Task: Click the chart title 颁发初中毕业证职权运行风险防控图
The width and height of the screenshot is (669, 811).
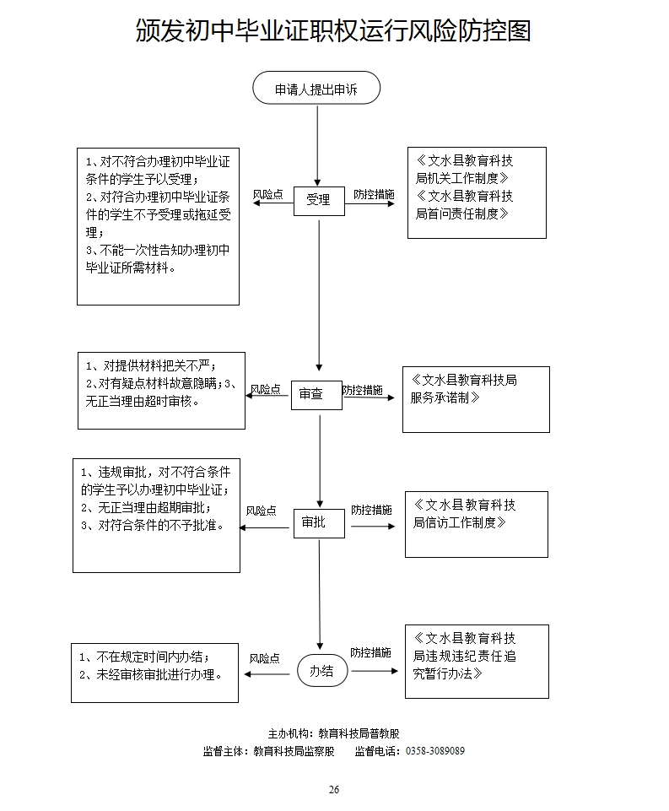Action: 333,31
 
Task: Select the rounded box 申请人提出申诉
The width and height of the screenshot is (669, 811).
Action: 316,88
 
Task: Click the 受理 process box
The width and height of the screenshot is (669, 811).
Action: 319,201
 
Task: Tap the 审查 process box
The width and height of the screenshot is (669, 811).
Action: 316,394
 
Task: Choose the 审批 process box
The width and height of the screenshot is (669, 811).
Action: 319,523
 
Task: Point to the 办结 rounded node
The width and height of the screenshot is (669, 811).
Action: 321,671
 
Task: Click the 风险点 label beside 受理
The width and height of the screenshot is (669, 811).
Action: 267,194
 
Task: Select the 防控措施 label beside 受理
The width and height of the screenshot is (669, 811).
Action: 374,194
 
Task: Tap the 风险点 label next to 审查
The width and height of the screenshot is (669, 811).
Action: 265,389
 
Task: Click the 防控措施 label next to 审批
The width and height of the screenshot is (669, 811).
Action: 371,511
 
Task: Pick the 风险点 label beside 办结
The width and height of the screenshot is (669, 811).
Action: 264,658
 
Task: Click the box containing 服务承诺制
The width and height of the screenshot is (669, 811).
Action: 475,399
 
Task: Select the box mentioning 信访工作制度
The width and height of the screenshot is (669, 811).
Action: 476,524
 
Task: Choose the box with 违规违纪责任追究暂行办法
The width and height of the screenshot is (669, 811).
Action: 477,661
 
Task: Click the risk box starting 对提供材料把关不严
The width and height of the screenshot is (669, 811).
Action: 161,390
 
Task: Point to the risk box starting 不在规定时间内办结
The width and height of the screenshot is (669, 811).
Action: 154,672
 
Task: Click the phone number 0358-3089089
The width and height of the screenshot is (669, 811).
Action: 435,750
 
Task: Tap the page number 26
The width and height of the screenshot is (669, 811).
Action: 334,789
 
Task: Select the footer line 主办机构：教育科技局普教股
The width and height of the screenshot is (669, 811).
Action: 334,733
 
